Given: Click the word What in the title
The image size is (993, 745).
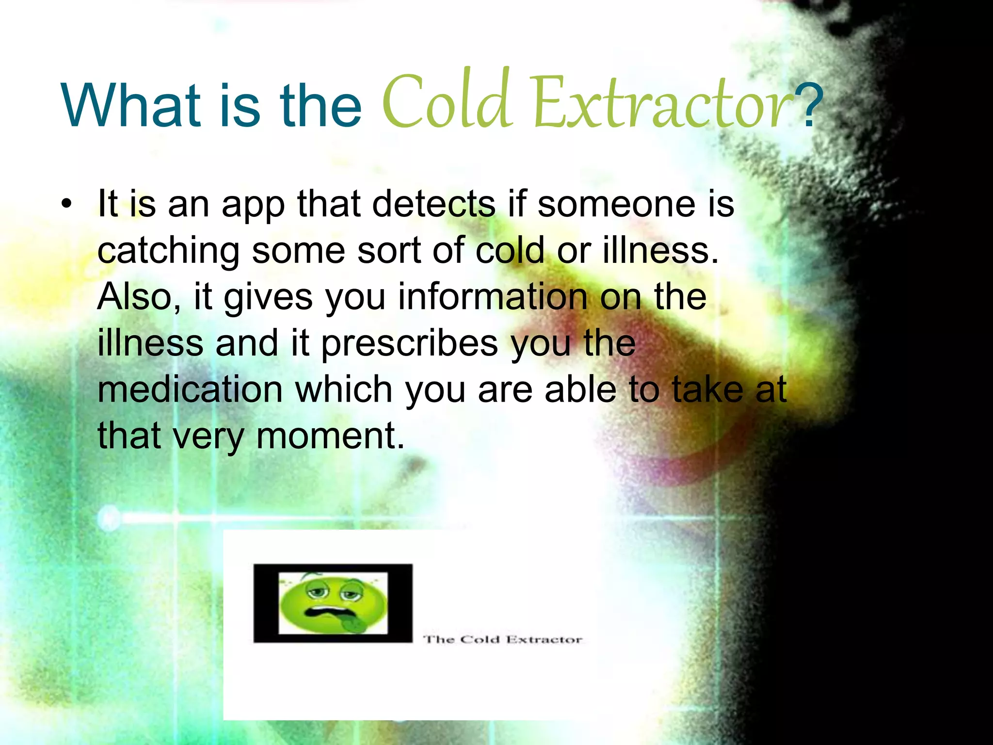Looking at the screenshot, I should [x=131, y=106].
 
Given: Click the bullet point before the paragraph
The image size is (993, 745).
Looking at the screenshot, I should [x=66, y=204].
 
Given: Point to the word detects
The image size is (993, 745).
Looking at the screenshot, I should [x=433, y=204].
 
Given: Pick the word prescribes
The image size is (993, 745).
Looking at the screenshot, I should [x=410, y=343].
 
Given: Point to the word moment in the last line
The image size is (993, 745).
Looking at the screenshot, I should [x=330, y=436].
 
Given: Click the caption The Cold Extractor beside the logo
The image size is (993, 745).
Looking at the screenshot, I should [x=503, y=639].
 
